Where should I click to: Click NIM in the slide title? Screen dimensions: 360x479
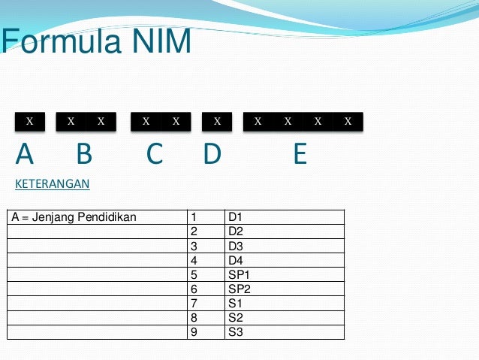click(157, 42)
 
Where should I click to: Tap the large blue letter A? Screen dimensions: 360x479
click(25, 154)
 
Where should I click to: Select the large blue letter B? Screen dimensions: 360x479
click(84, 154)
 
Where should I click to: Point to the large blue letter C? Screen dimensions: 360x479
click(155, 154)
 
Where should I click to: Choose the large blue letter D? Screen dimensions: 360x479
click(212, 154)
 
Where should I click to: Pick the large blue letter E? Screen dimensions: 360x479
click(300, 154)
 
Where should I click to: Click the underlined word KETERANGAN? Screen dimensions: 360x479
click(53, 183)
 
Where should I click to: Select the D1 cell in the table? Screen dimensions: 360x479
click(236, 218)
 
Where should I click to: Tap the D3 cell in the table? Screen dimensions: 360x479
click(236, 246)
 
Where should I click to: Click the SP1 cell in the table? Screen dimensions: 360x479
click(239, 274)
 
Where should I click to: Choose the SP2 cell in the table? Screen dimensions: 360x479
click(239, 289)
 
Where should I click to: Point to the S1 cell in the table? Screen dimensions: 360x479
click(236, 303)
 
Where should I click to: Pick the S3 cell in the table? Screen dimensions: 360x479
click(236, 331)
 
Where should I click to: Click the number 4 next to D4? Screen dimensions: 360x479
click(194, 260)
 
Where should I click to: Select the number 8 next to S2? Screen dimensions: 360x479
click(194, 317)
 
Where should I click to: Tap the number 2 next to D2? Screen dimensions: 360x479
click(194, 231)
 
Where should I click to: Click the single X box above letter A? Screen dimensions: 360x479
click(30, 121)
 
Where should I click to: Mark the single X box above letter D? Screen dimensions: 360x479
click(217, 121)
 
